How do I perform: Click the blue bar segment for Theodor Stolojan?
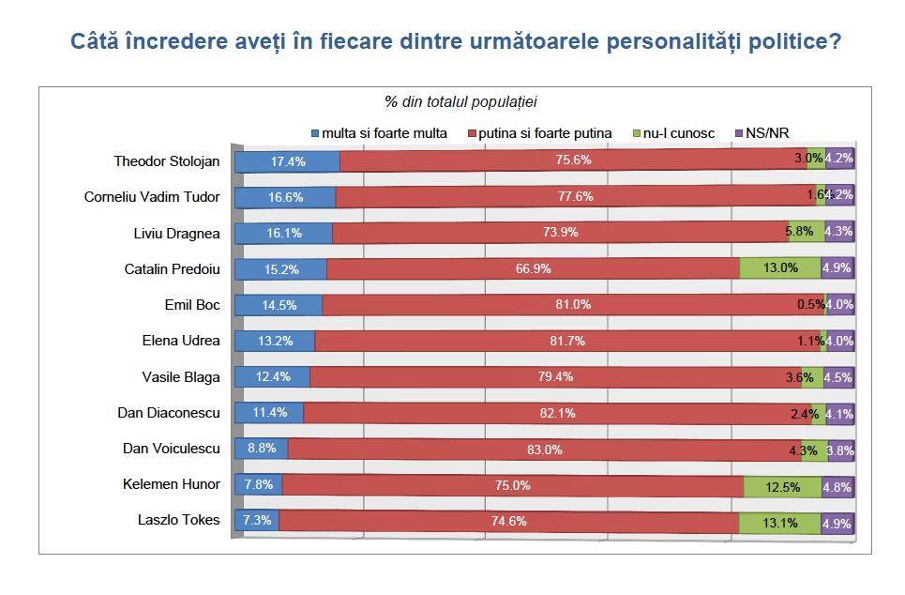287,160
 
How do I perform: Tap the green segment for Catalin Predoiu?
780,268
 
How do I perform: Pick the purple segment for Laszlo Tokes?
837,521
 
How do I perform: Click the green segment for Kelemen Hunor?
782,485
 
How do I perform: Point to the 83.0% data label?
545,450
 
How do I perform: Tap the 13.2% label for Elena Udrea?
275,341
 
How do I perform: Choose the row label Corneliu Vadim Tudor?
152,197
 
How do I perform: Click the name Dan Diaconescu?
169,413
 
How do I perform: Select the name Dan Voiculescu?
172,449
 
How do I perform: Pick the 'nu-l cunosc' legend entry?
673,133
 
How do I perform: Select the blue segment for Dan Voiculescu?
261,449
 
